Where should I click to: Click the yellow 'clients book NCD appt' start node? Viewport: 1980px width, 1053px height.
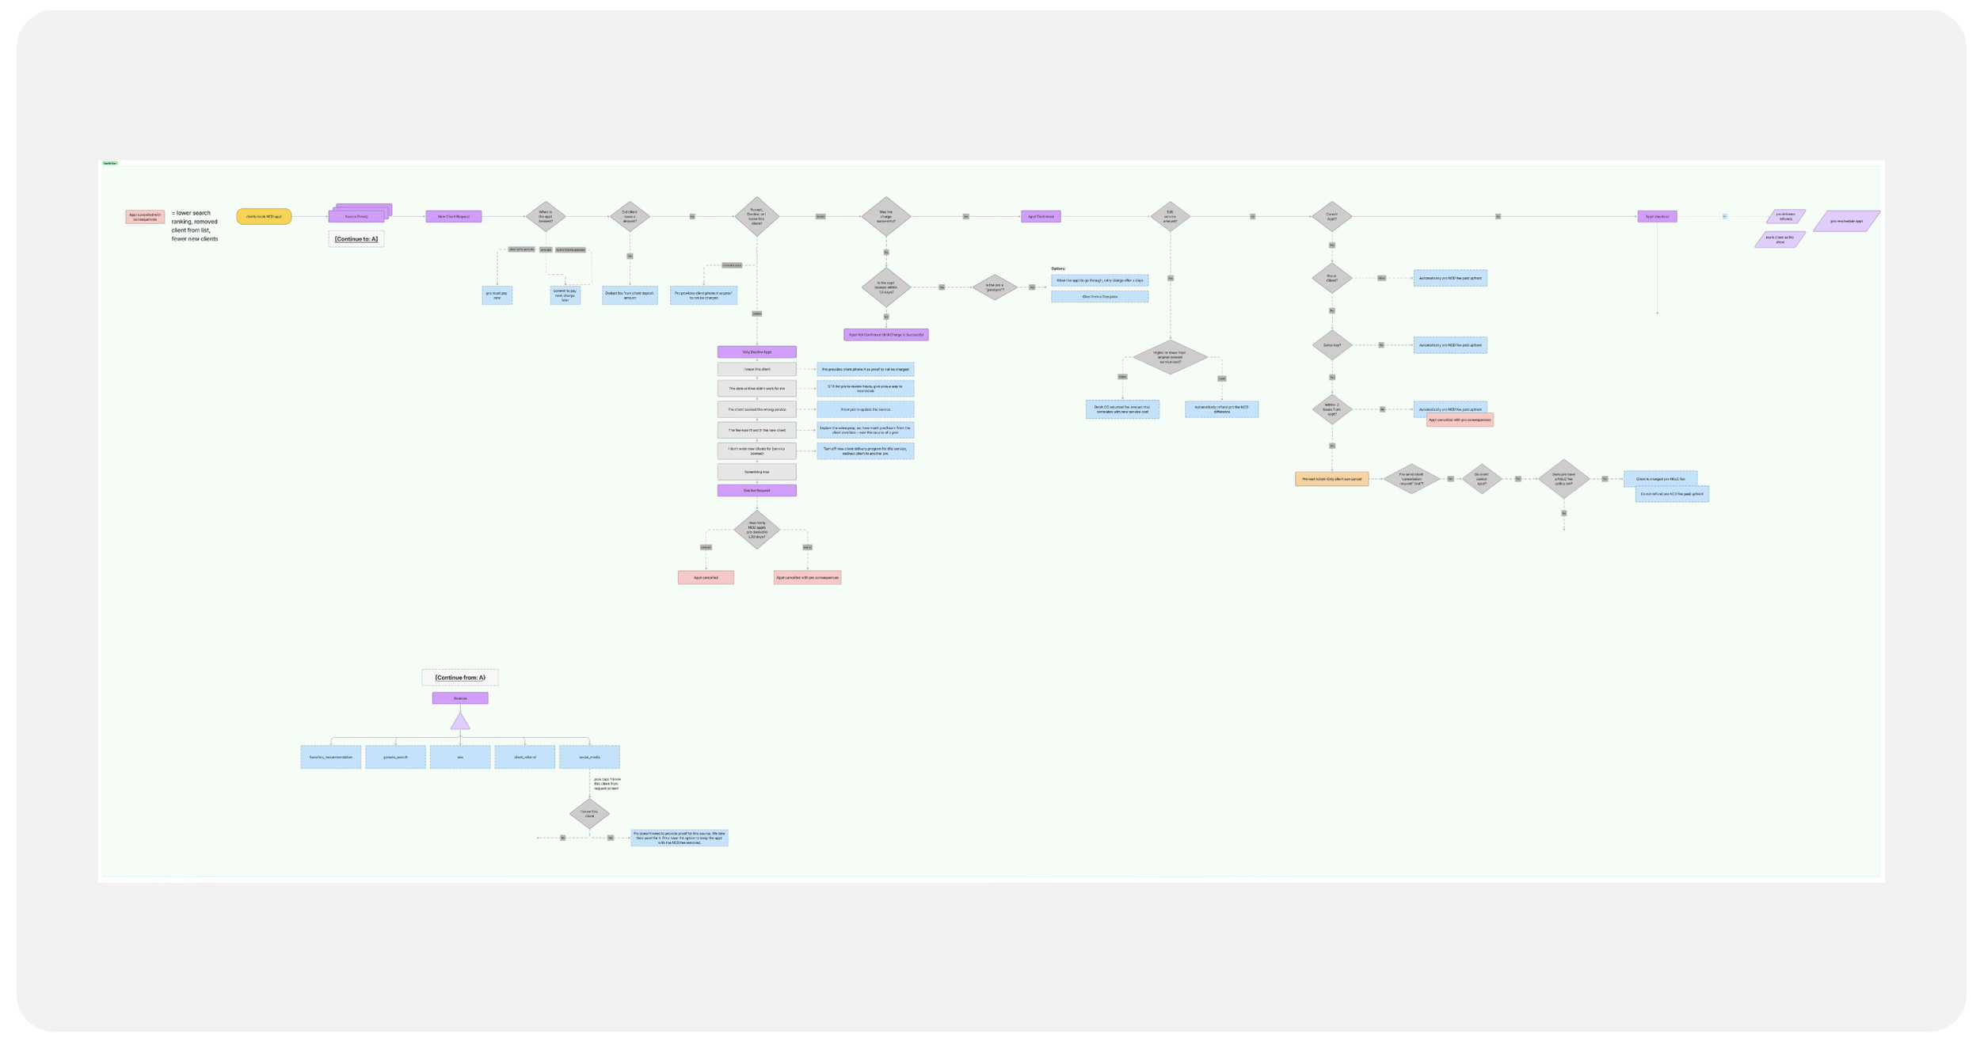pyautogui.click(x=264, y=216)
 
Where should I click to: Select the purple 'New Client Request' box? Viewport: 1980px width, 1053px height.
pyautogui.click(x=453, y=216)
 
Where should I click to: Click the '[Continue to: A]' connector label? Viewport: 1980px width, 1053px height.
pyautogui.click(x=356, y=239)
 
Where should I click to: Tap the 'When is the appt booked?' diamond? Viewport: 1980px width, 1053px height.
pyautogui.click(x=546, y=216)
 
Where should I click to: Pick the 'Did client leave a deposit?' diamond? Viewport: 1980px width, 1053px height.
pyautogui.click(x=630, y=216)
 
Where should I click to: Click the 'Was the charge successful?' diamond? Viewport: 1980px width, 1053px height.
pyautogui.click(x=885, y=216)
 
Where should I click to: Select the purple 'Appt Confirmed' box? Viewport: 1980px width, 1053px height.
pyautogui.click(x=1040, y=216)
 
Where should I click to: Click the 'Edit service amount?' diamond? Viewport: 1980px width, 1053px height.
pyautogui.click(x=1170, y=216)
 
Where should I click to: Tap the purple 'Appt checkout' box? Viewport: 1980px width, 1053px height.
pyautogui.click(x=1657, y=216)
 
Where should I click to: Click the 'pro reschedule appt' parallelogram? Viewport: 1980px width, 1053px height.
pyautogui.click(x=1846, y=221)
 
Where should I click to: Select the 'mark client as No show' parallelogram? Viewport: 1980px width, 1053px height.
pyautogui.click(x=1780, y=239)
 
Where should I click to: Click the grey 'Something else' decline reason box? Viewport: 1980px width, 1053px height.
pyautogui.click(x=756, y=472)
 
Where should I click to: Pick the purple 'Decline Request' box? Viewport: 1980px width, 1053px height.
pyautogui.click(x=756, y=490)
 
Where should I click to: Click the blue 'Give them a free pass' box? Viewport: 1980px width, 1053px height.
pyautogui.click(x=1099, y=297)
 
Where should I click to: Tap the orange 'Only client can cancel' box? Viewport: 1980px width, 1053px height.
pyautogui.click(x=1331, y=479)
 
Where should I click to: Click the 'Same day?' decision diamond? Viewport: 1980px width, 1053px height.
pyautogui.click(x=1331, y=345)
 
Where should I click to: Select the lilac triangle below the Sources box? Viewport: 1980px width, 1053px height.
pyautogui.click(x=460, y=722)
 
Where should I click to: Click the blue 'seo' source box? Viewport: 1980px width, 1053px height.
pyautogui.click(x=460, y=757)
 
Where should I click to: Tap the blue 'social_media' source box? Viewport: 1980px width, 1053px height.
pyautogui.click(x=589, y=757)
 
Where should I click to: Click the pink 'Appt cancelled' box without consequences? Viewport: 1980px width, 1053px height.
pyautogui.click(x=705, y=577)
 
